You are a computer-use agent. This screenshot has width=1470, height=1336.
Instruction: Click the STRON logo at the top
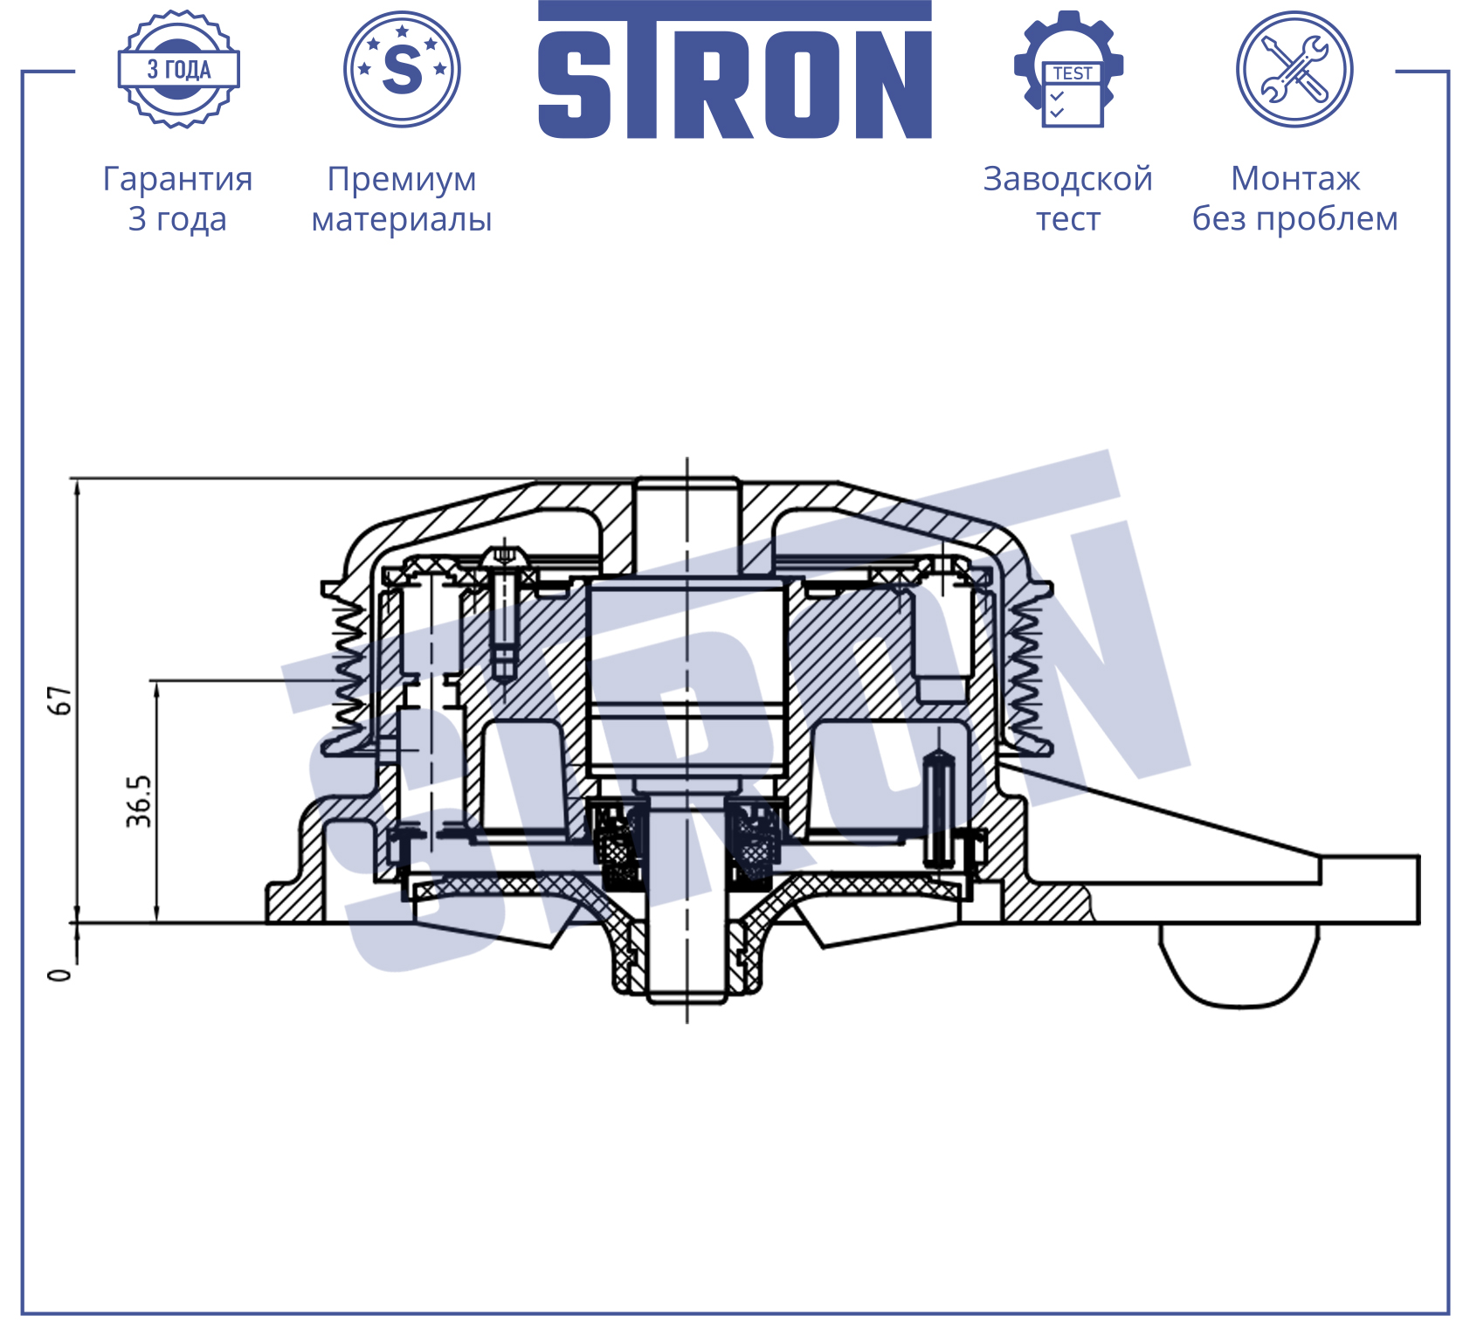735,70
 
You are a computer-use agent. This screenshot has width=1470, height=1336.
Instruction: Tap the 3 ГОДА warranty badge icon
179,69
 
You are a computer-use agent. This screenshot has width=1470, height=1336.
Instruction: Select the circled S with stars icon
402,69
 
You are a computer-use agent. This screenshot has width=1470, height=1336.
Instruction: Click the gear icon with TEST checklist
1068,69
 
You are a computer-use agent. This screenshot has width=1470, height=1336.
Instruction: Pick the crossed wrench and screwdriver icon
1294,69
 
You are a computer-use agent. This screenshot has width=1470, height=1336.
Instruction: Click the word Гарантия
178,179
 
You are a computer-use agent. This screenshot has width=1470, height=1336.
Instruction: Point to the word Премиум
402,180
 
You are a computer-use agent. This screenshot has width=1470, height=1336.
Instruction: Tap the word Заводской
1068,179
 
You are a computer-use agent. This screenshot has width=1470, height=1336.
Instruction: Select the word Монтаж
1295,179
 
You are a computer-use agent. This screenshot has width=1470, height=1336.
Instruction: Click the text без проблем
1295,218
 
